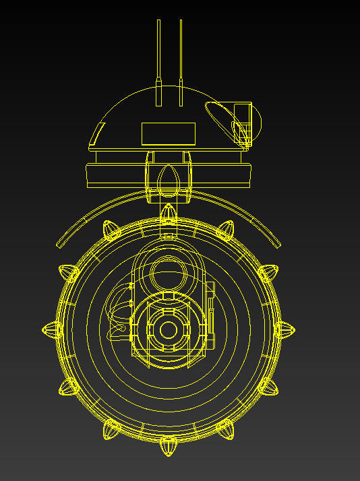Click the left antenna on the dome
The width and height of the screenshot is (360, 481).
[x=158, y=61]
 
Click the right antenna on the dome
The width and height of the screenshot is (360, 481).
[x=181, y=61]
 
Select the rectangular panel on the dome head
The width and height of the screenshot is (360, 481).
[x=168, y=134]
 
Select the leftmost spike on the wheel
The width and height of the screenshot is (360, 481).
[x=52, y=329]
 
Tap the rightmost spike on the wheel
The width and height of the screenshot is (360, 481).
[x=284, y=329]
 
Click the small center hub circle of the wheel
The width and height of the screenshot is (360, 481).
[x=167, y=329]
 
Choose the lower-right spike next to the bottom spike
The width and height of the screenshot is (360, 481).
[x=226, y=429]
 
